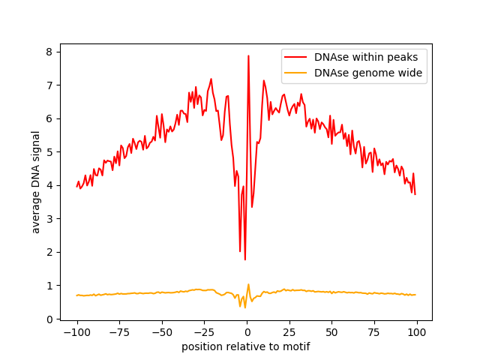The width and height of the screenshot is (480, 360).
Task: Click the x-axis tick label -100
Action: [x=76, y=332]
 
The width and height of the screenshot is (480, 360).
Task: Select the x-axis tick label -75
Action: [x=119, y=332]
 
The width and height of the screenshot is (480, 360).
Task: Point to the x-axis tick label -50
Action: [x=162, y=332]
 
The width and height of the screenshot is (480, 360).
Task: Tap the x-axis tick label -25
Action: [x=204, y=332]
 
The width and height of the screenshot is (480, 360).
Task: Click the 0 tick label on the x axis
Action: [x=247, y=332]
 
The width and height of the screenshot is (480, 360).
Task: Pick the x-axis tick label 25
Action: [x=289, y=332]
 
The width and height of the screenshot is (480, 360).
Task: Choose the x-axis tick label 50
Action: [x=332, y=332]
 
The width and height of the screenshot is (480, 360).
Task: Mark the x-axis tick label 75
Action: [x=375, y=332]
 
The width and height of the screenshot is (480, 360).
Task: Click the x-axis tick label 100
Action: [x=417, y=332]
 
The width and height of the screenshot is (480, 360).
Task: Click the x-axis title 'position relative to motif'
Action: [x=246, y=346]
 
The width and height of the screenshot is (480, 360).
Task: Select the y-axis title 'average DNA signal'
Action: [x=36, y=181]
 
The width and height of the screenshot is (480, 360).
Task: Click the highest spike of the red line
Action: [x=248, y=55]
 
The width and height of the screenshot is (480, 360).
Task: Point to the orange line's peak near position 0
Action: [x=248, y=284]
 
